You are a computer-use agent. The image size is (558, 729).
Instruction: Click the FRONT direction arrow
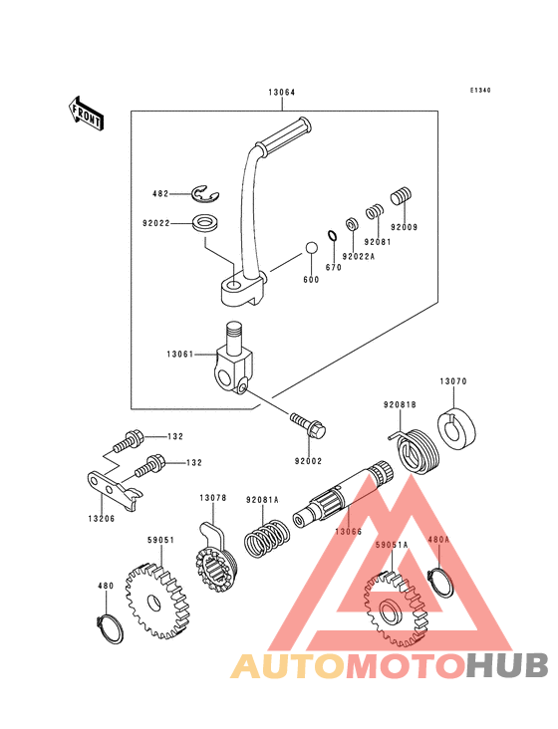tap(86, 113)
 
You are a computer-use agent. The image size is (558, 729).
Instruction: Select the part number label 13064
tap(282, 92)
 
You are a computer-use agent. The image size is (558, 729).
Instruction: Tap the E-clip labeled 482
tap(206, 194)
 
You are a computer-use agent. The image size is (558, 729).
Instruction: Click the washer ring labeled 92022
tap(205, 223)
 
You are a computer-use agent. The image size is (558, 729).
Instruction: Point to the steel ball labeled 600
tap(311, 248)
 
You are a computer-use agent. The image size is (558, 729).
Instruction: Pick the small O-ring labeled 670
tap(332, 236)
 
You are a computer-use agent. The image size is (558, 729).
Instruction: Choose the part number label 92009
tap(404, 227)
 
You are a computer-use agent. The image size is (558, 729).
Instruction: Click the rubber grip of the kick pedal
tap(285, 135)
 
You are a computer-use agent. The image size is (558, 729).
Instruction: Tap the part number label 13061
tap(180, 355)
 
